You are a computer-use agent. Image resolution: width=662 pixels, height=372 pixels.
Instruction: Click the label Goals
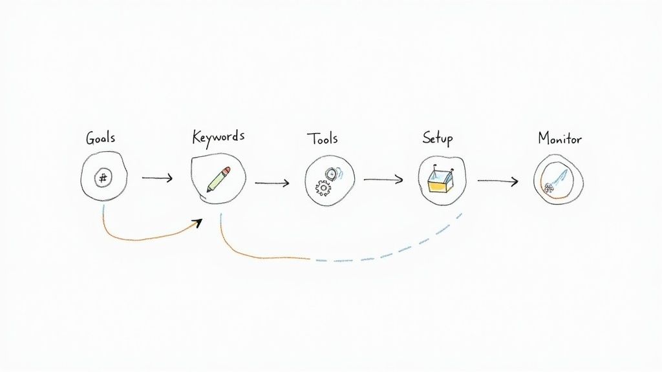click(x=101, y=138)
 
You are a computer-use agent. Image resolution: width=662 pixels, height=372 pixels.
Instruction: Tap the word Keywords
click(x=219, y=137)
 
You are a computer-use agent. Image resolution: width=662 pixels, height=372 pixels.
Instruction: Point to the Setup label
click(x=438, y=138)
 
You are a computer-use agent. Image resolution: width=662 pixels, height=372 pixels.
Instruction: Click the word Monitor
click(x=560, y=138)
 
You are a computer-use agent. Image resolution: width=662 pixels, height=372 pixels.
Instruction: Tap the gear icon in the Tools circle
click(x=322, y=187)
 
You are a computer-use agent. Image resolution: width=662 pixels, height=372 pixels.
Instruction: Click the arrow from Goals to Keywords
click(x=157, y=178)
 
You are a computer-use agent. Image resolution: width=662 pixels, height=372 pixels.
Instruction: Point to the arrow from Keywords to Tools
click(x=272, y=183)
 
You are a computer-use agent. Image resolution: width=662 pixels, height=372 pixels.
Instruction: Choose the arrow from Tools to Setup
click(x=383, y=180)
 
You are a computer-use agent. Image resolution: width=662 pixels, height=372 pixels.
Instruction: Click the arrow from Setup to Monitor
click(x=498, y=181)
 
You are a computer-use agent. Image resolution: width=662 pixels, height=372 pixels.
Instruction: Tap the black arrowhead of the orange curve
click(x=197, y=223)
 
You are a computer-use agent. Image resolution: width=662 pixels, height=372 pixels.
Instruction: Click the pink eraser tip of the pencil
click(x=226, y=170)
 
